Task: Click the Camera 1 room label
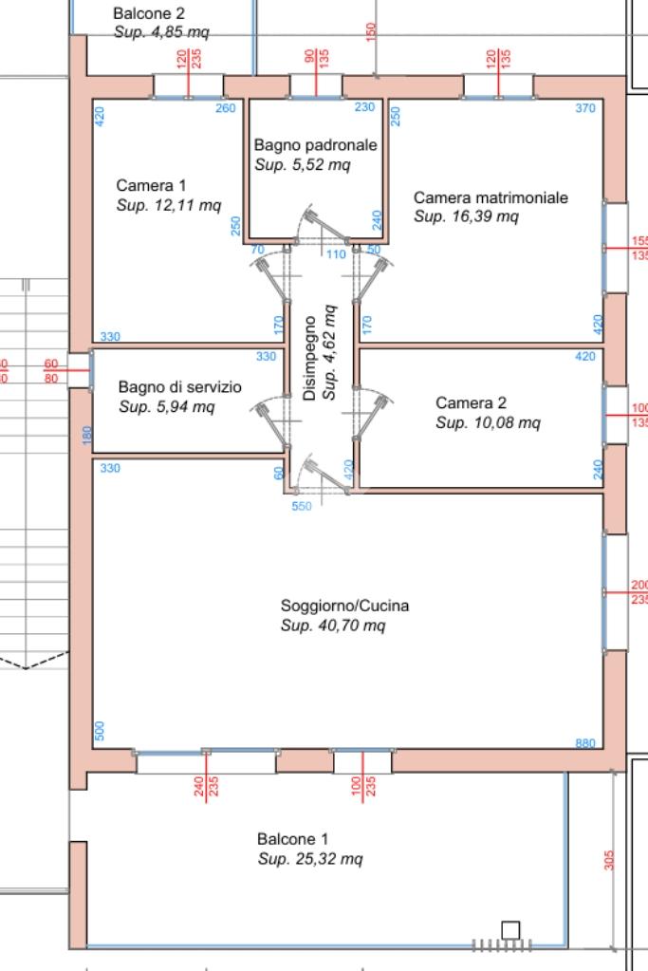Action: pyautogui.click(x=151, y=185)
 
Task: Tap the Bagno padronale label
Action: pyautogui.click(x=316, y=145)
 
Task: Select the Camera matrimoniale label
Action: pyautogui.click(x=491, y=197)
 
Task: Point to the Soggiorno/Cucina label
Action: pyautogui.click(x=344, y=606)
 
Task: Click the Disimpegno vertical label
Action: pyautogui.click(x=310, y=358)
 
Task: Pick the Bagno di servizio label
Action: pyautogui.click(x=180, y=387)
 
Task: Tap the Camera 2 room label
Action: pyautogui.click(x=471, y=403)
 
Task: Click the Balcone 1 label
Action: pyautogui.click(x=293, y=839)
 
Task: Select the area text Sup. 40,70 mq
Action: pyautogui.click(x=333, y=626)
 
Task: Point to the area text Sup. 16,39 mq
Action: pyautogui.click(x=466, y=216)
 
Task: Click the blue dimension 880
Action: pyautogui.click(x=584, y=743)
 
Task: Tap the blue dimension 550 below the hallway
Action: pyautogui.click(x=302, y=506)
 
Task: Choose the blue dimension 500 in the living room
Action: pyautogui.click(x=100, y=731)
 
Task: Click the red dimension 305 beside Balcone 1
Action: pyautogui.click(x=609, y=860)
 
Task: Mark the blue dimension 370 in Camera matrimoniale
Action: pyautogui.click(x=584, y=108)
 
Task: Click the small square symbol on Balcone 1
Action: pyautogui.click(x=510, y=930)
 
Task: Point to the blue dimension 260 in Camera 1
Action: pyautogui.click(x=225, y=108)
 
